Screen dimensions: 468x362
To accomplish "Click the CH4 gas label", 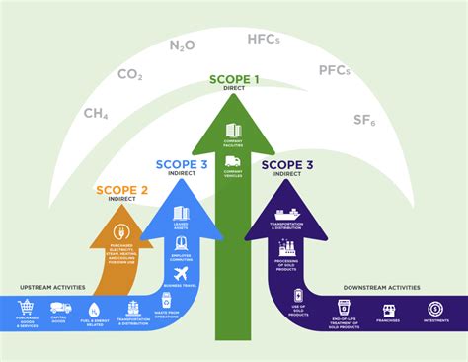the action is (x=97, y=115).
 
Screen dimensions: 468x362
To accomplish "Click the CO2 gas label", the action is (x=130, y=74).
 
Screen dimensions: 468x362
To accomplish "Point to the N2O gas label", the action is (x=182, y=45).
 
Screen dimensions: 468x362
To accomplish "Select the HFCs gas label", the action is (x=264, y=40).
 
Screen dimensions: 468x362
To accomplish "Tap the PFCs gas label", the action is (x=335, y=71).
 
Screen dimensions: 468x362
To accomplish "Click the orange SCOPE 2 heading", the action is (x=121, y=188).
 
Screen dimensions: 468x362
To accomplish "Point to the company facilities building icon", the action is (x=234, y=130).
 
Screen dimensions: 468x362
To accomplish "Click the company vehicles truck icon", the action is (x=234, y=161).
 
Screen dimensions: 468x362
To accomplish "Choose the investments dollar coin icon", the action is (x=434, y=310).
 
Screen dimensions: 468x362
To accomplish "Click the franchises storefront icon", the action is (x=389, y=311).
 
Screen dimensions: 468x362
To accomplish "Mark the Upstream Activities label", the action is (x=51, y=288).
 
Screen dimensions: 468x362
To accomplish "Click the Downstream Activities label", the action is (x=381, y=288).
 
